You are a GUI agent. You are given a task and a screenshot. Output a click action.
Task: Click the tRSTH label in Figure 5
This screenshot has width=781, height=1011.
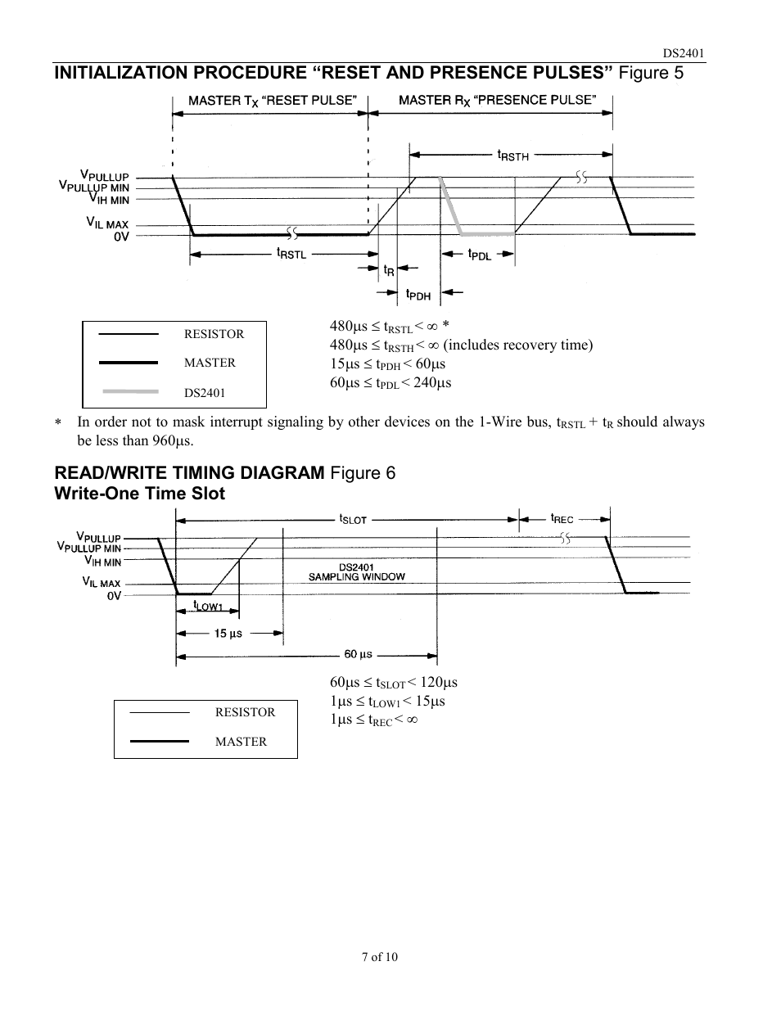pyautogui.click(x=513, y=156)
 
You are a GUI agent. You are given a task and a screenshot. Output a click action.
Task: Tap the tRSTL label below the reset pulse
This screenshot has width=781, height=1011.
pyautogui.click(x=291, y=254)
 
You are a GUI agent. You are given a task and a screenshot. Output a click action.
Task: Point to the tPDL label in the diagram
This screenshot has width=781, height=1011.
pyautogui.click(x=480, y=255)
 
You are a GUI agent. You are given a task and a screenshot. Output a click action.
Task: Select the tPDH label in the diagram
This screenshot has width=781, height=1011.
pyautogui.click(x=418, y=294)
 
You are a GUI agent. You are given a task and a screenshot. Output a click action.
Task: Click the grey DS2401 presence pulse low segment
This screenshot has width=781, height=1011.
pyautogui.click(x=488, y=233)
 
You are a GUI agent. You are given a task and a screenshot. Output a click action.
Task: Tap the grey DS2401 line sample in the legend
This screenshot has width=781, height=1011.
pyautogui.click(x=131, y=391)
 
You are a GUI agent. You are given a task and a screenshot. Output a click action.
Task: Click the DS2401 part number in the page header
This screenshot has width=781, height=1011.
pyautogui.click(x=684, y=53)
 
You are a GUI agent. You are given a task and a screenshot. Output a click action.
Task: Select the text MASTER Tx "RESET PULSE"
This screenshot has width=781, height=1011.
pyautogui.click(x=273, y=101)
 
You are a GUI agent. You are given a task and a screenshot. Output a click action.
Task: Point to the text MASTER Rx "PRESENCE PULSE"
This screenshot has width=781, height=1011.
pyautogui.click(x=497, y=101)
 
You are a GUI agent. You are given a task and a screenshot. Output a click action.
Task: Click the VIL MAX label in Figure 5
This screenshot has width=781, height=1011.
pyautogui.click(x=107, y=223)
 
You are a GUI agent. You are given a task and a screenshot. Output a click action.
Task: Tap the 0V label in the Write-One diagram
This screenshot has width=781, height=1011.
pyautogui.click(x=114, y=595)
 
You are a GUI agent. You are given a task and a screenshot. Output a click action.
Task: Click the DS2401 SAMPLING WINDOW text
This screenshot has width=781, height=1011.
pyautogui.click(x=357, y=572)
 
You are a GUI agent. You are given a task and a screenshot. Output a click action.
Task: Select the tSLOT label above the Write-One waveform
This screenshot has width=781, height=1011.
pyautogui.click(x=353, y=519)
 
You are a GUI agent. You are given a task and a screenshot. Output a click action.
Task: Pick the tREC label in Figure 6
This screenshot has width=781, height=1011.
pyautogui.click(x=562, y=518)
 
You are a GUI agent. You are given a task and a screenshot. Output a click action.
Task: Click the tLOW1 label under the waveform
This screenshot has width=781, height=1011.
pyautogui.click(x=208, y=605)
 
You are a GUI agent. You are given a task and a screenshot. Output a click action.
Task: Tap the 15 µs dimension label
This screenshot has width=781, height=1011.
pyautogui.click(x=228, y=634)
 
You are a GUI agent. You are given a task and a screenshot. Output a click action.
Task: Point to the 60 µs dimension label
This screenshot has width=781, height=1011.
pyautogui.click(x=359, y=654)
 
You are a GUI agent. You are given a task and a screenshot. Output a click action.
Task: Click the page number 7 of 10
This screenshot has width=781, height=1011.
pyautogui.click(x=380, y=957)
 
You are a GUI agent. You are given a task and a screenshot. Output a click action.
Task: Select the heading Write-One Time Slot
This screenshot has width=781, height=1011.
pyautogui.click(x=139, y=493)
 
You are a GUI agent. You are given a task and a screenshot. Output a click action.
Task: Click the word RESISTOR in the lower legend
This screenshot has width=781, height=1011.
pyautogui.click(x=245, y=712)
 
